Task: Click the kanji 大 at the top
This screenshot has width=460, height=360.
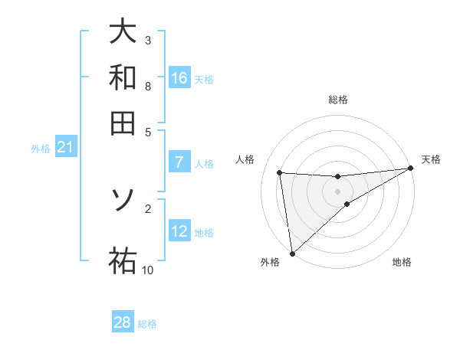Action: point(123,31)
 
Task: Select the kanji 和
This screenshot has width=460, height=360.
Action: point(123,77)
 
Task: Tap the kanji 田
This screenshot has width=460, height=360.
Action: point(123,122)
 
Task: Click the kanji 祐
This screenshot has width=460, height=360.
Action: point(123,260)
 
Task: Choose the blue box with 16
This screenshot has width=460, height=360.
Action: point(179,77)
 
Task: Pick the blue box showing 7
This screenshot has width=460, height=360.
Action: point(179,162)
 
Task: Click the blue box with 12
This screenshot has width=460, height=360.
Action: point(179,231)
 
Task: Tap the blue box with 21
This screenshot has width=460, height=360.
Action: point(65,148)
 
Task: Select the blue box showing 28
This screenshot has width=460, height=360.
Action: point(123,322)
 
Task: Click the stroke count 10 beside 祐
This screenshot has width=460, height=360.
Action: point(147,270)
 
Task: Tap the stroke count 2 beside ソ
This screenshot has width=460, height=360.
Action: point(147,208)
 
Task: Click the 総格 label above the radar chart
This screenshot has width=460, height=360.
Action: point(337,100)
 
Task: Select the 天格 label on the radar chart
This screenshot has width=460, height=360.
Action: point(431,159)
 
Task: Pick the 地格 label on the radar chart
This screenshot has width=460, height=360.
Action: point(402,263)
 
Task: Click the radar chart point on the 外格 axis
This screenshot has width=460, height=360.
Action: point(291,254)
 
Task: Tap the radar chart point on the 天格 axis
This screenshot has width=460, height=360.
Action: point(410,169)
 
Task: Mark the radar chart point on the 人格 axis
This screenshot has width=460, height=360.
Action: point(280,172)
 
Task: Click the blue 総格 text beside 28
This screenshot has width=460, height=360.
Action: point(147,324)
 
